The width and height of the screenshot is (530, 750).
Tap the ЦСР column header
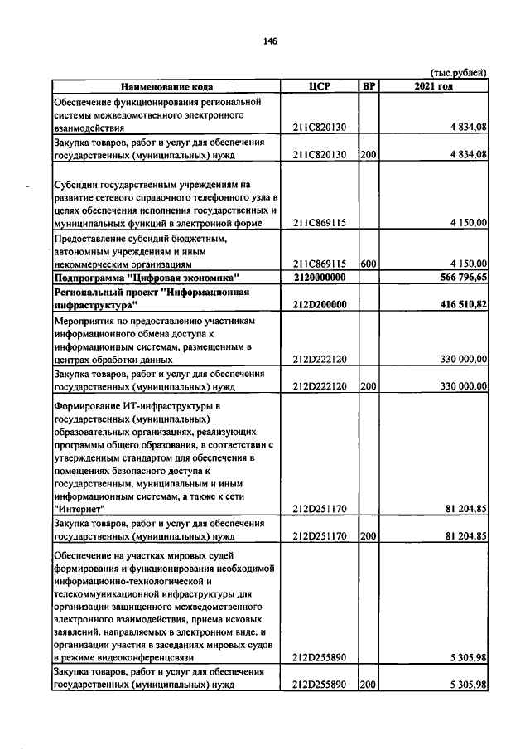coord(319,86)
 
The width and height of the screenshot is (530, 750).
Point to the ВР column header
coord(369,86)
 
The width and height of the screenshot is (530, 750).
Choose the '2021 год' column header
coord(433,86)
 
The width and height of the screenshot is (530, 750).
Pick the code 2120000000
coord(319,277)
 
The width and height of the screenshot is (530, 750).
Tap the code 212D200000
coord(319,304)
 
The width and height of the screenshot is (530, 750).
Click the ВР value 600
coord(369,264)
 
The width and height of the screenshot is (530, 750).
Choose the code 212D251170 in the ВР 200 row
coord(319,535)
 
